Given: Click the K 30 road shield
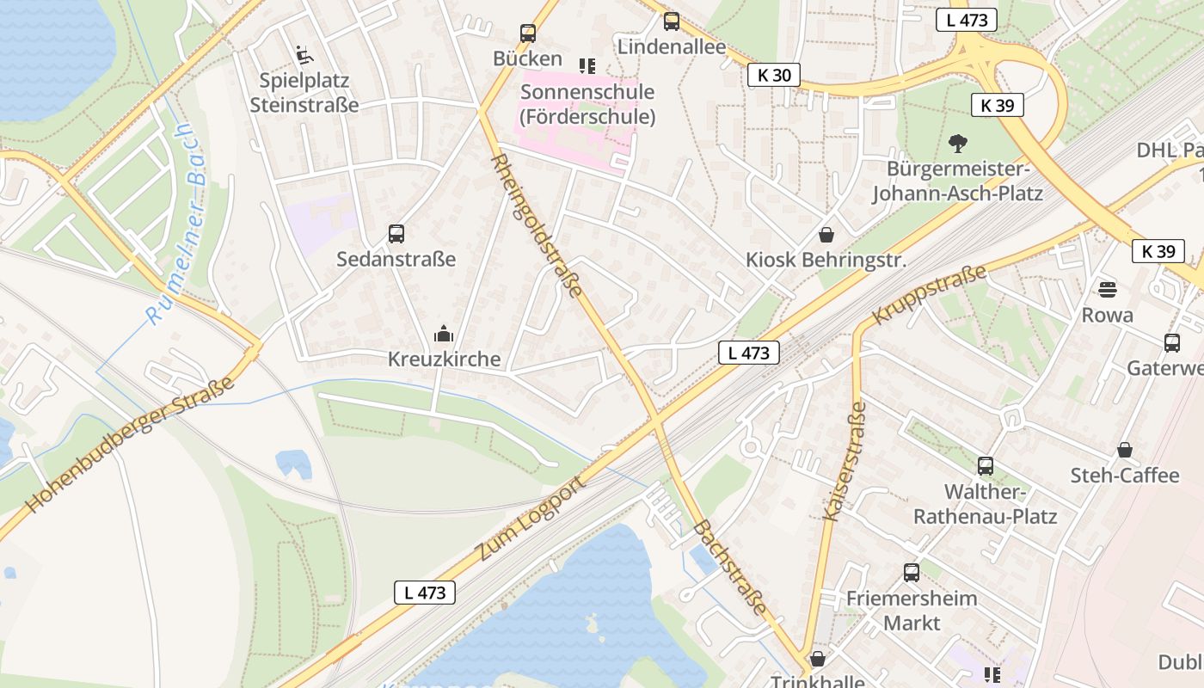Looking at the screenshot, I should (x=773, y=76).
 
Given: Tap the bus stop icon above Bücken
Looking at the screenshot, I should (x=528, y=34).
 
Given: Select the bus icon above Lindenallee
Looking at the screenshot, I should (x=672, y=21).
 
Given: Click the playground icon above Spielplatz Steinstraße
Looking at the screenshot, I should (x=304, y=55).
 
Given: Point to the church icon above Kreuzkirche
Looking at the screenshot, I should (x=444, y=334).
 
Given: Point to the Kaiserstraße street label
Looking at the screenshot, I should (x=844, y=462).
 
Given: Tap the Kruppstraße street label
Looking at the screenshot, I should (x=929, y=295).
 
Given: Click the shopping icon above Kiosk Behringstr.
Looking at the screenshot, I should (x=826, y=234).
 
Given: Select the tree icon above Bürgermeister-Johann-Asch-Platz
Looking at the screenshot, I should (x=957, y=143).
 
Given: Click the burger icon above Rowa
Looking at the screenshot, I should (x=1107, y=290).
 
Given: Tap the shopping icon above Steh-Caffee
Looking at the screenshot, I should (x=1124, y=450).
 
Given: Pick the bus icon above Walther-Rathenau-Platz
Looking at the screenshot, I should (x=986, y=466).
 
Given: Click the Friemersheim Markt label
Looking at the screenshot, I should (x=912, y=610).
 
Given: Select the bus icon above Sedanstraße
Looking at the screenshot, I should (x=396, y=233).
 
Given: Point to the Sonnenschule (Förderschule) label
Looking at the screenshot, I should (x=587, y=104).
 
